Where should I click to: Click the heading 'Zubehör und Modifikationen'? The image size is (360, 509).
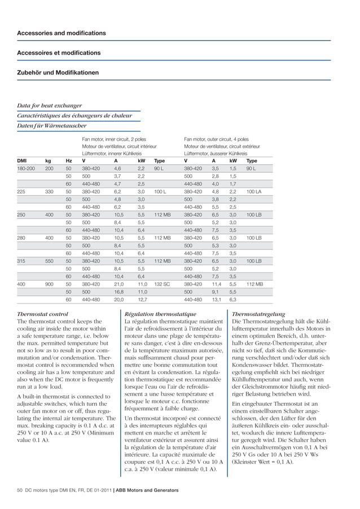click(x=58, y=73)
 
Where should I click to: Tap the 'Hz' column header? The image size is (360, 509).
click(x=69, y=160)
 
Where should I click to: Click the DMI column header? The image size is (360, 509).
click(x=23, y=160)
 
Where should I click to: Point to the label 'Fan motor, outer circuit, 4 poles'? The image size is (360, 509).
click(x=216, y=138)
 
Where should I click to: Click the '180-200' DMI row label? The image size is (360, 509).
click(x=27, y=168)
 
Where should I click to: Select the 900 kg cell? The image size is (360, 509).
click(x=50, y=285)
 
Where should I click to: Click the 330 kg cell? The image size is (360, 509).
click(x=50, y=191)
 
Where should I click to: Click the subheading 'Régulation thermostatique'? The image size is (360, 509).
click(x=160, y=314)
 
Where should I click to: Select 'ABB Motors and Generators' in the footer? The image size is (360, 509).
click(x=146, y=490)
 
